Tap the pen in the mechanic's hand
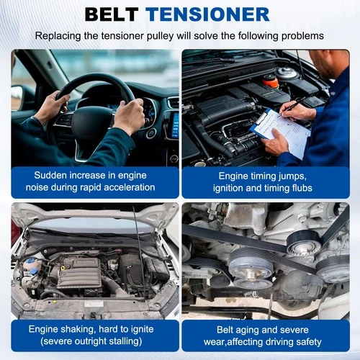point(291,107)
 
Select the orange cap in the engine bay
point(271,80)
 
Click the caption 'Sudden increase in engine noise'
point(94,181)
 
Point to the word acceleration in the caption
point(125,187)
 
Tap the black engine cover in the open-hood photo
point(79,272)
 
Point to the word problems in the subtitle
point(299,35)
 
